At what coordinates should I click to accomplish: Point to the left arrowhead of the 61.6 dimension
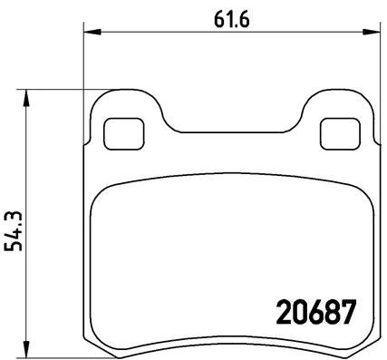pos(89,33)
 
